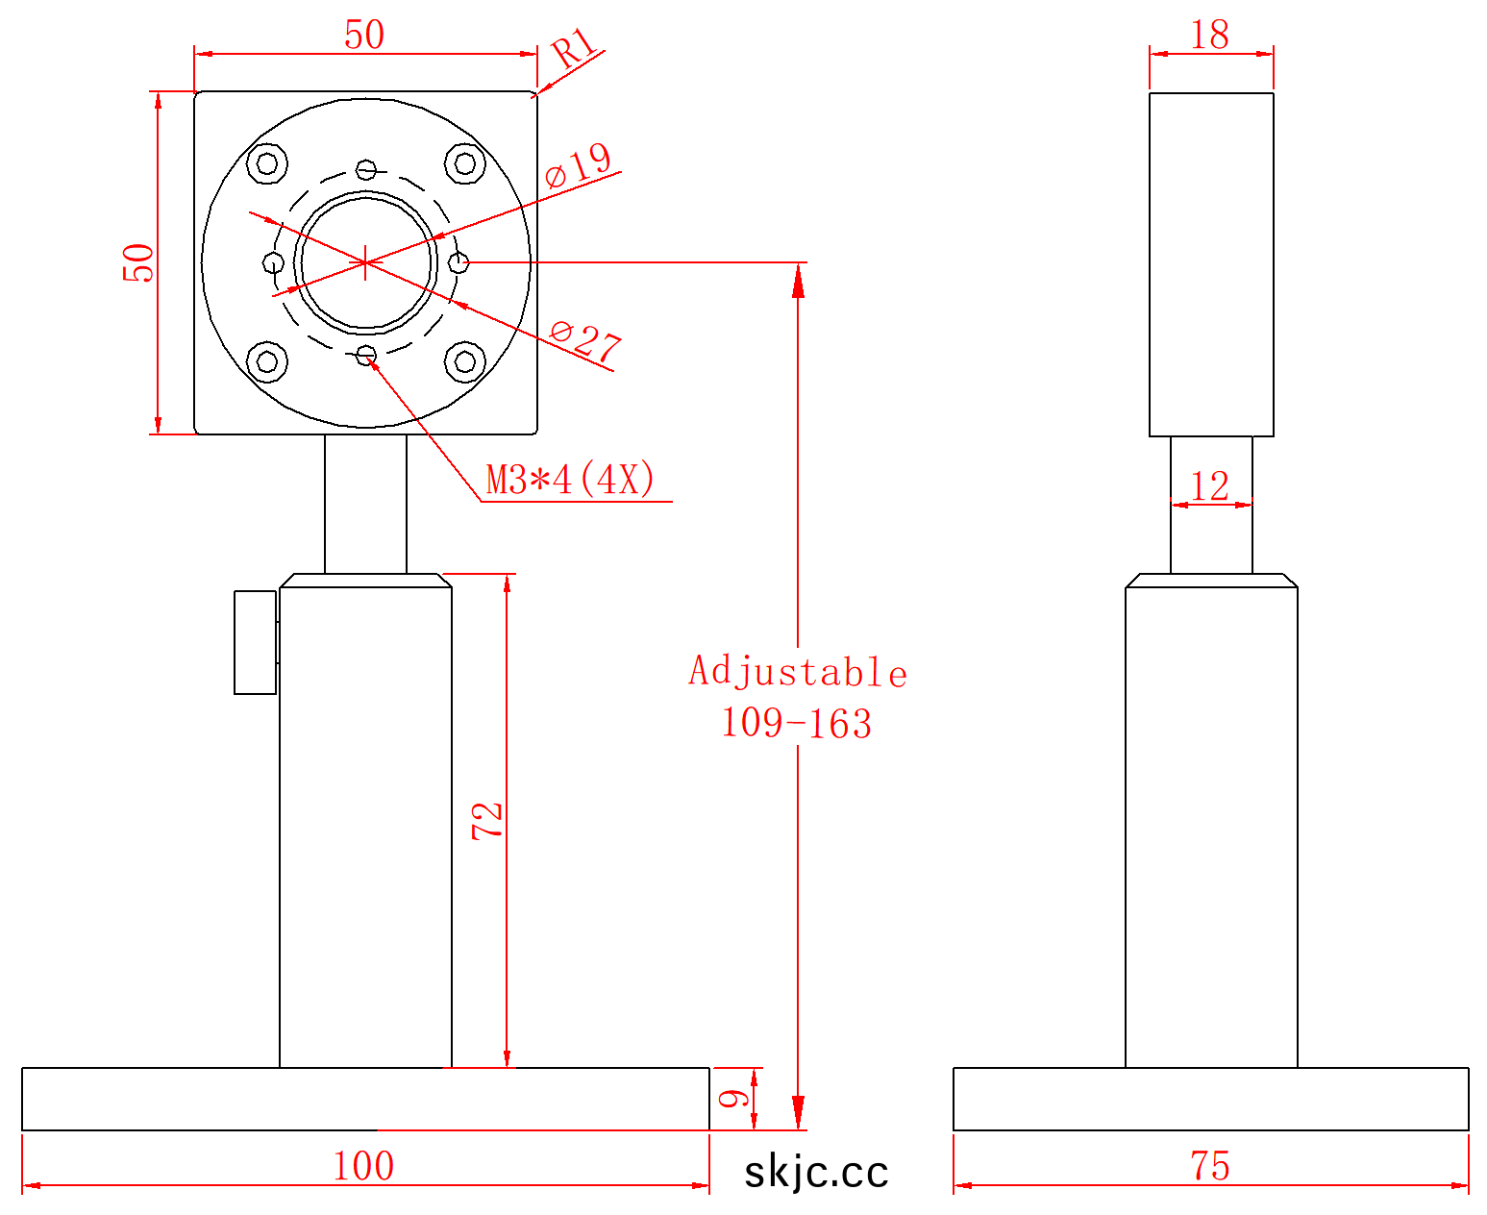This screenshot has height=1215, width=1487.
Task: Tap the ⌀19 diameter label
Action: (x=578, y=165)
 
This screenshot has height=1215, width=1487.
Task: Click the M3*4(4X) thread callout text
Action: (x=570, y=480)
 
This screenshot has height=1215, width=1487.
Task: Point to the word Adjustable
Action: (x=798, y=671)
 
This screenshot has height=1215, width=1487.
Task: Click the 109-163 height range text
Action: (x=797, y=724)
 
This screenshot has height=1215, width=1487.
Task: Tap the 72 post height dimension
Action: (x=487, y=821)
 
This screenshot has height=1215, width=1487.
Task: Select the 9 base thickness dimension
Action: (x=734, y=1098)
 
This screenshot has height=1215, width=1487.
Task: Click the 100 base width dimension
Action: (x=363, y=1166)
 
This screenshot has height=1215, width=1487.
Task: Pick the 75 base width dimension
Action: (x=1210, y=1166)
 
